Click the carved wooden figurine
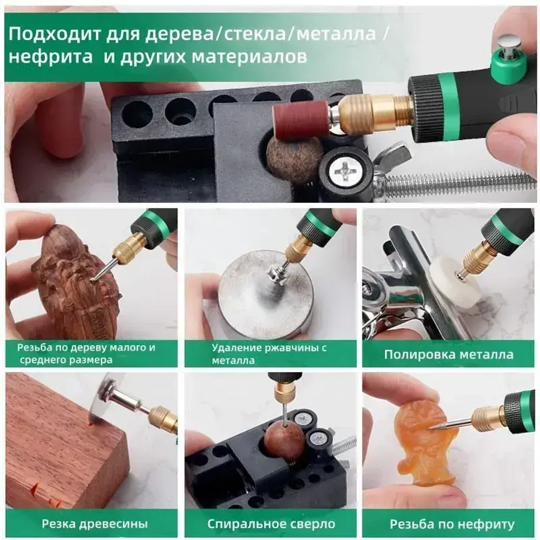click(x=76, y=280)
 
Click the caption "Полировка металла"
click(x=448, y=355)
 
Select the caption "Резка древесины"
click(x=94, y=523)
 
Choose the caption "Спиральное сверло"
click(x=271, y=523)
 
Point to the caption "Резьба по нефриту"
click(x=452, y=523)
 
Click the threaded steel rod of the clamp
click(x=459, y=184)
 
